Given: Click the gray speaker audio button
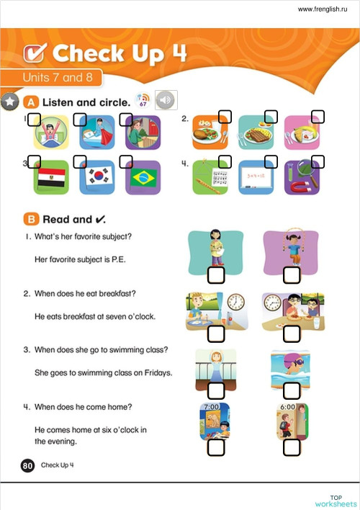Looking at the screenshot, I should [x=166, y=100].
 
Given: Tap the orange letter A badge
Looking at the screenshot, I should [x=32, y=102].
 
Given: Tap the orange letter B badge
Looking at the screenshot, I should [x=32, y=219].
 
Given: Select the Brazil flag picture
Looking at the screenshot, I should [x=143, y=177].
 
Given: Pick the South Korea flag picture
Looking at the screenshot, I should [x=96, y=177].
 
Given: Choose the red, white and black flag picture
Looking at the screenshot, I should [x=51, y=177].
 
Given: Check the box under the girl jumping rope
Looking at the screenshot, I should [x=292, y=274].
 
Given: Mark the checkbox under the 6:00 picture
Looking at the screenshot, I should [x=292, y=447].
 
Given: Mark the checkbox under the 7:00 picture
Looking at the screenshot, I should [x=216, y=447].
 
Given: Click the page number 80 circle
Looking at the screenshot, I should [x=28, y=465].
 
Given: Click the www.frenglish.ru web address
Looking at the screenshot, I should [x=324, y=9].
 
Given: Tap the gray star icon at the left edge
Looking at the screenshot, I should [x=9, y=102].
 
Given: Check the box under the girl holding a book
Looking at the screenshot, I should [x=216, y=274].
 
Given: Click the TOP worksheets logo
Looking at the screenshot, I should [x=336, y=501].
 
